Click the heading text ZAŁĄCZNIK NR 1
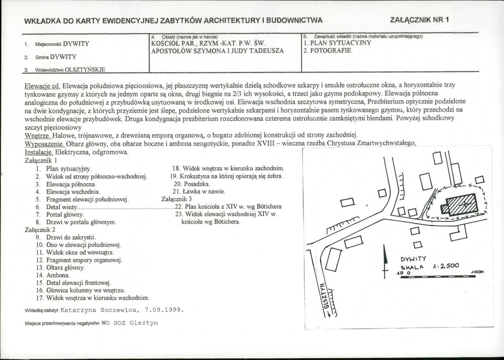point(419,20)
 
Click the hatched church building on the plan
point(459,205)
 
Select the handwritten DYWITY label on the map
point(413,259)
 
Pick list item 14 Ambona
point(53,275)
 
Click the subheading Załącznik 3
point(177,199)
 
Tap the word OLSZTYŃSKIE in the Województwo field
point(85,70)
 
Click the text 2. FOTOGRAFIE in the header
point(328,51)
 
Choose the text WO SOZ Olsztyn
point(129,323)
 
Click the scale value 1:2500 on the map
point(446,266)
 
